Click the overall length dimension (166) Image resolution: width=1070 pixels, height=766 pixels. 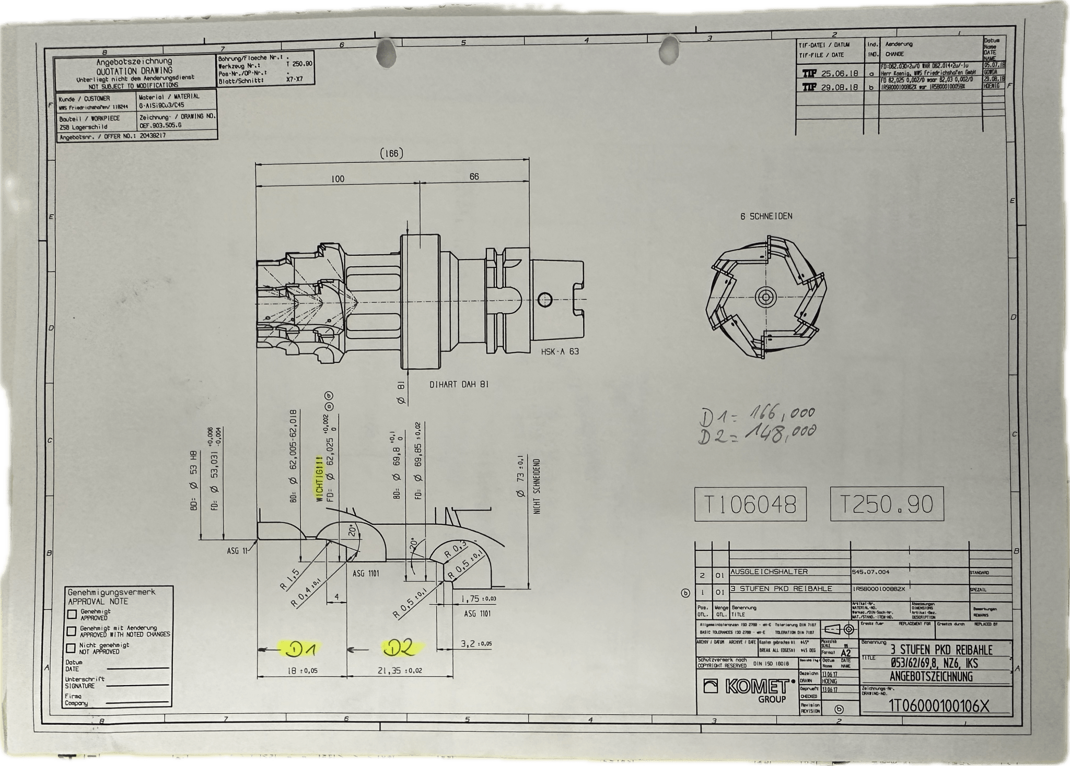tap(391, 154)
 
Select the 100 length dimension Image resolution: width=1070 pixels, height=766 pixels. tap(338, 179)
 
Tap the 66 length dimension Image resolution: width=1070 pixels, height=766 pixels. tap(474, 176)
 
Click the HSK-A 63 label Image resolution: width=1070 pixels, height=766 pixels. tap(560, 351)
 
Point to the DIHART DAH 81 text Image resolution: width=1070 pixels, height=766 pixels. tap(459, 384)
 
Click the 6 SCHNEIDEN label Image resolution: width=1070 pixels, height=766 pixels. tap(766, 216)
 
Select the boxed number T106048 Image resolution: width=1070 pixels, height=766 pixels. tap(750, 504)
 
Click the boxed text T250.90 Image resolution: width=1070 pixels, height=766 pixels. tap(887, 504)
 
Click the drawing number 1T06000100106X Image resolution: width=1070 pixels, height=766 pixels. tap(938, 706)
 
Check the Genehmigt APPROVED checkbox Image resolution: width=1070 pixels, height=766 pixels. tap(72, 614)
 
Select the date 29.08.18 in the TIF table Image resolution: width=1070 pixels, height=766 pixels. tap(839, 87)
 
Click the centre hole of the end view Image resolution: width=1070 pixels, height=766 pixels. tap(766, 297)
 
